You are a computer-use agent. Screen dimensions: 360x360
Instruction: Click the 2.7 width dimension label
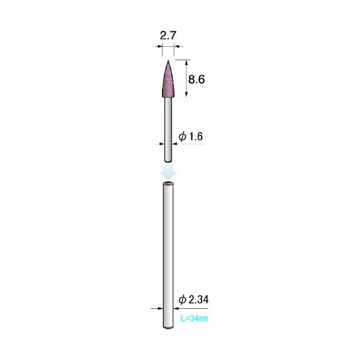click(168, 36)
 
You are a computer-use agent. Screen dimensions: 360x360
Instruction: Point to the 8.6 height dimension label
click(196, 79)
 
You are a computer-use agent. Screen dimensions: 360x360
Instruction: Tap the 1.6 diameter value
click(196, 137)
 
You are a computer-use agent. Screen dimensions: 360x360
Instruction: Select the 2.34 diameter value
click(199, 300)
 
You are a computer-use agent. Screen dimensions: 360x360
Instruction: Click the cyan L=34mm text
click(194, 318)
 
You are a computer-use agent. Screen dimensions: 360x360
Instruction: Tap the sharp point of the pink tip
click(168, 60)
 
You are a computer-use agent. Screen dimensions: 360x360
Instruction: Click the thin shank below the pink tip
click(169, 129)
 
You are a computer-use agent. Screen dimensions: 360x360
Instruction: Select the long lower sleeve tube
click(169, 255)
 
